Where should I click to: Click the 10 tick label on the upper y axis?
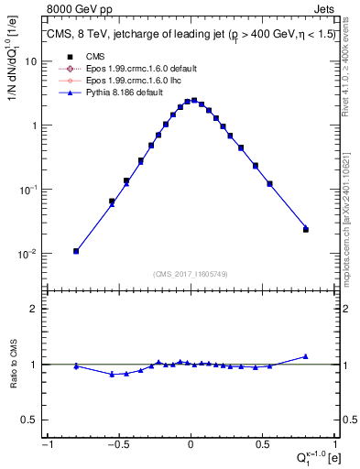[30, 61]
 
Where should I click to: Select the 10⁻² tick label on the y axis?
[28, 254]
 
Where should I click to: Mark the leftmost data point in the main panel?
[76, 251]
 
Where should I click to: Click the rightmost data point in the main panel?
[306, 229]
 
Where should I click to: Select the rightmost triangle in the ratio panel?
[306, 356]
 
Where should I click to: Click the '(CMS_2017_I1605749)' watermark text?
[191, 274]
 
